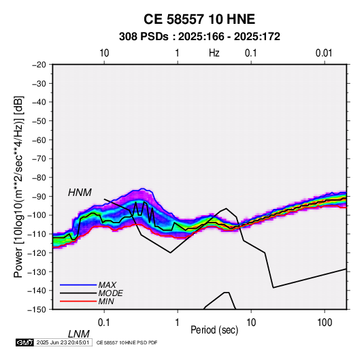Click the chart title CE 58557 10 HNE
pyautogui.click(x=199, y=19)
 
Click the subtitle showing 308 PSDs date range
pyautogui.click(x=199, y=37)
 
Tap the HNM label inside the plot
pyautogui.click(x=80, y=193)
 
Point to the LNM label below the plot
pyautogui.click(x=78, y=334)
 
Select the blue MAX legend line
pyautogui.click(x=78, y=285)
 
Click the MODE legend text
pyautogui.click(x=110, y=293)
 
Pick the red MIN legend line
pyautogui.click(x=78, y=301)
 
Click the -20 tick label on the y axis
pyautogui.click(x=39, y=65)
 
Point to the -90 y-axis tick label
pyautogui.click(x=39, y=197)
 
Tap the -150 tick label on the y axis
pyautogui.click(x=37, y=310)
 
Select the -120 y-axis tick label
pyautogui.click(x=37, y=253)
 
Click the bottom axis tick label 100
pyautogui.click(x=325, y=323)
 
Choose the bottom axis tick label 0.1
pyautogui.click(x=104, y=323)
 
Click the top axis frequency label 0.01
pyautogui.click(x=324, y=53)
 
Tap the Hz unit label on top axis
pyautogui.click(x=214, y=53)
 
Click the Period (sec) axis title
pyautogui.click(x=214, y=330)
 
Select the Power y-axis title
pyautogui.click(x=18, y=187)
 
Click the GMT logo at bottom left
pyautogui.click(x=25, y=342)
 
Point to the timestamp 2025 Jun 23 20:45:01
pyautogui.click(x=63, y=342)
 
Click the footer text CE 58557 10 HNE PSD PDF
pyautogui.click(x=127, y=342)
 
